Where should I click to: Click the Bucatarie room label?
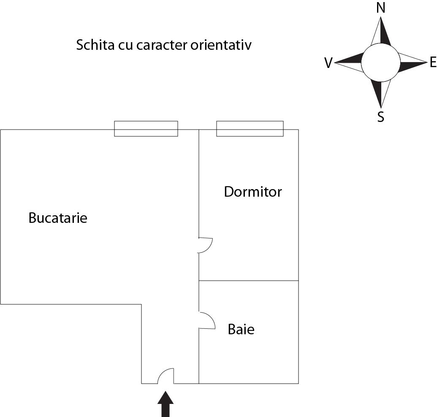[58, 218]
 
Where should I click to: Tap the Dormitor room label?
[253, 192]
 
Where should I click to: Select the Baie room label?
[241, 329]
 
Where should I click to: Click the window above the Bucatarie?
[146, 129]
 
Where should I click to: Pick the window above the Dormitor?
[250, 129]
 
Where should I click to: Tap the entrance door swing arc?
[166, 376]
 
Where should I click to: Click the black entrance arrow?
[166, 404]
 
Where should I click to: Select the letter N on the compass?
[381, 8]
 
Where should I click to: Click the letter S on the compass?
[381, 117]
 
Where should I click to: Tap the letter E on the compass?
[433, 62]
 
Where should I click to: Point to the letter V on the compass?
[328, 63]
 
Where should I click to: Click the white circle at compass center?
[381, 62]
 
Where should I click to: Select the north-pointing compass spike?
[381, 31]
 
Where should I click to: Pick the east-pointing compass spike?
[413, 62]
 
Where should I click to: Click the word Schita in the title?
[95, 45]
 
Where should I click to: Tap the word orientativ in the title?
[221, 45]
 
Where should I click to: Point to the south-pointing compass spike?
[381, 94]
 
